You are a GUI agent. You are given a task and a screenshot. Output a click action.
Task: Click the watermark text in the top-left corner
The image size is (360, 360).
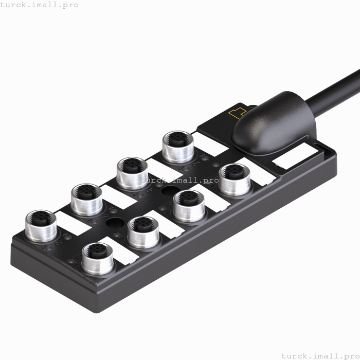(40, 5)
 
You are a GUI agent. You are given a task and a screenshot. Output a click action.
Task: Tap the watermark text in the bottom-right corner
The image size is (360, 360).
(320, 355)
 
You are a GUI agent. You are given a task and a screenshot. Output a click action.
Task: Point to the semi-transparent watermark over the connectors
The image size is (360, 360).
(179, 181)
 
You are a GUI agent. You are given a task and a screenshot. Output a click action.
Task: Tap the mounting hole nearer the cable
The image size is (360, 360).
(169, 192)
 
